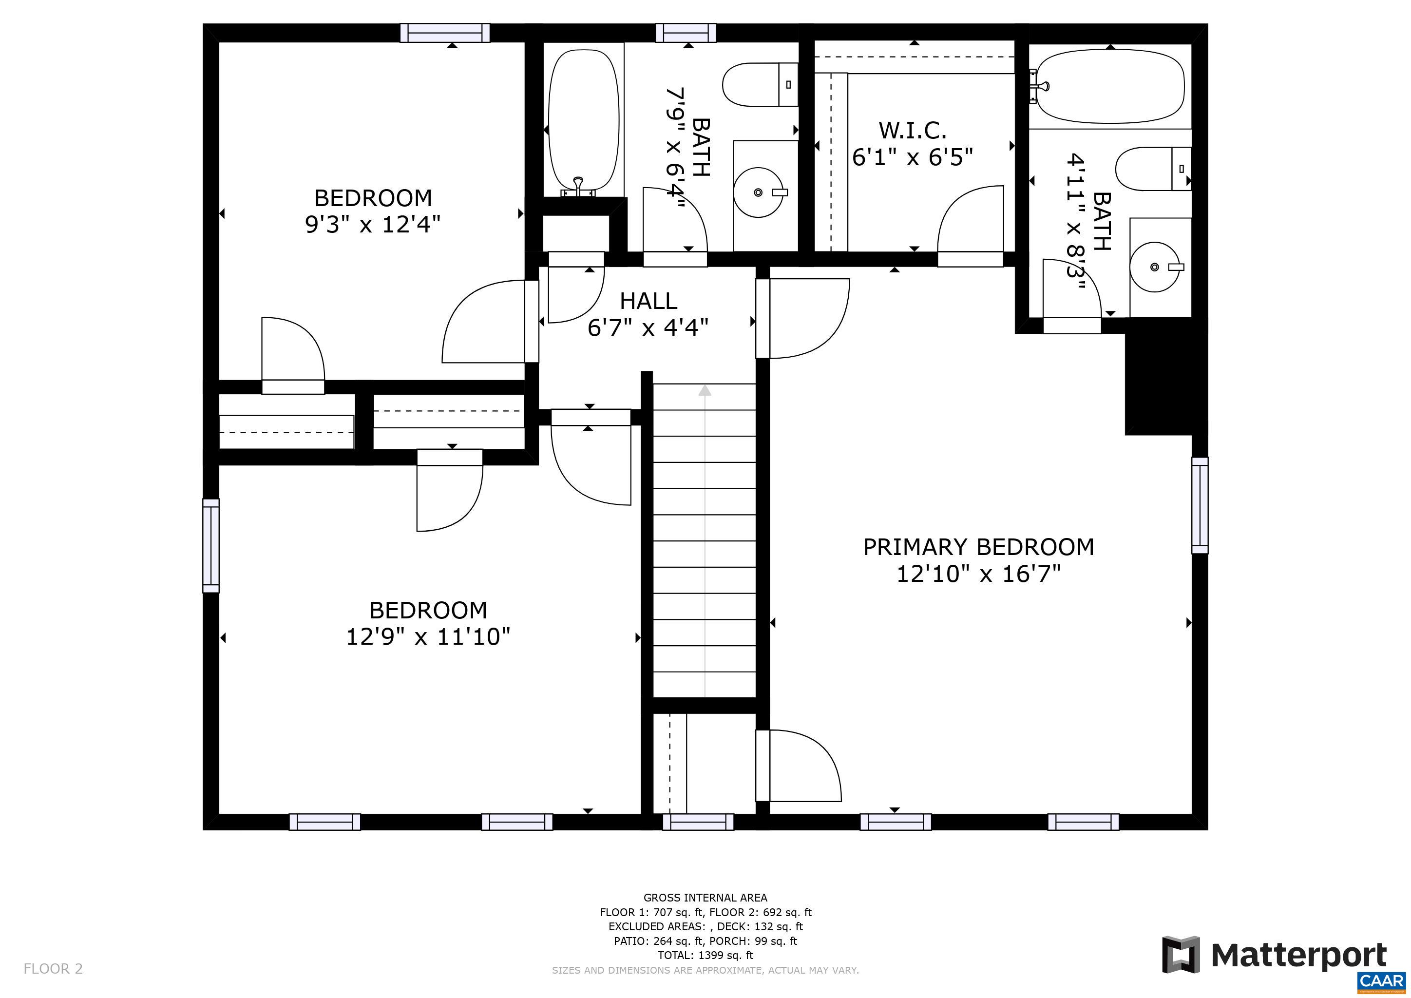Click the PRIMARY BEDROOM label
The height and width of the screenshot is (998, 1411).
pyautogui.click(x=978, y=547)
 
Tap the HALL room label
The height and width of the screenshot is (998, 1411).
pyautogui.click(x=648, y=301)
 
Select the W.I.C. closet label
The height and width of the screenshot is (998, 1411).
pyautogui.click(x=913, y=130)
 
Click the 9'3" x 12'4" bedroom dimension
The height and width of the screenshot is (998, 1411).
pyautogui.click(x=373, y=224)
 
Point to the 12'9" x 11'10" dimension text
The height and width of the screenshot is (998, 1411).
pyautogui.click(x=428, y=636)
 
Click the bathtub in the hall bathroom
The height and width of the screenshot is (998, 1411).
pyautogui.click(x=583, y=122)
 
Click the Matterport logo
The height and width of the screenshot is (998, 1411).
pyautogui.click(x=1275, y=956)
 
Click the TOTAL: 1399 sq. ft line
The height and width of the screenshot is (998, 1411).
pyautogui.click(x=705, y=955)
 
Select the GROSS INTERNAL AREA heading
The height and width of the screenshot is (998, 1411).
pyautogui.click(x=705, y=898)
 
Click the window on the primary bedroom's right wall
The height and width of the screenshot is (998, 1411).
pyautogui.click(x=1200, y=505)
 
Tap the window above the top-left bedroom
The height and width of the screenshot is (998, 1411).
pyautogui.click(x=445, y=33)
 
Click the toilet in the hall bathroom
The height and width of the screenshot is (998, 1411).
pyautogui.click(x=760, y=84)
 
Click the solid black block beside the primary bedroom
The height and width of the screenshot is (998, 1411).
pyautogui.click(x=1165, y=381)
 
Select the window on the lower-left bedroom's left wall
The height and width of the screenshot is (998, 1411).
pyautogui.click(x=211, y=546)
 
